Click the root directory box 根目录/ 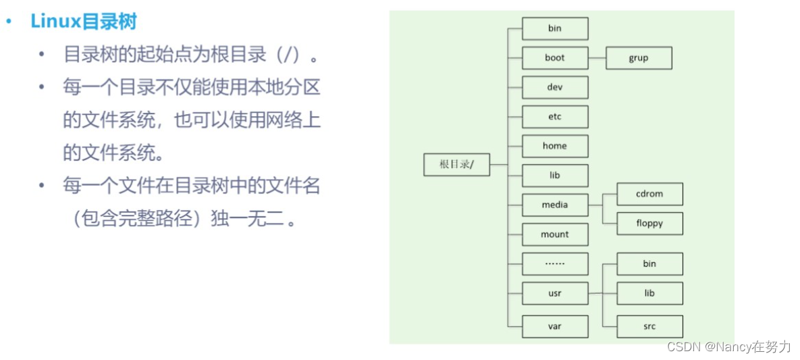tap(456, 165)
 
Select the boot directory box tap(555, 58)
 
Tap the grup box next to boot tap(639, 58)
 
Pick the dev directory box tap(555, 87)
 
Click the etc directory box tap(555, 117)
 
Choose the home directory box tap(555, 146)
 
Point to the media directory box tap(555, 205)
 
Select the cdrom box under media tap(649, 194)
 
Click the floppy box tap(649, 224)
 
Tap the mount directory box tap(555, 234)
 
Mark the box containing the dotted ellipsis tap(555, 264)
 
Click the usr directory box tap(555, 293)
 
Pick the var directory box tap(555, 326)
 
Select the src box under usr tap(649, 326)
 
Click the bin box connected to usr tap(649, 264)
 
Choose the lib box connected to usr tap(649, 293)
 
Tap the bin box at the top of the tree tap(555, 28)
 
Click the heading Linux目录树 tap(84, 22)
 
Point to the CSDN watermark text tap(728, 346)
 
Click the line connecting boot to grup tap(597, 58)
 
